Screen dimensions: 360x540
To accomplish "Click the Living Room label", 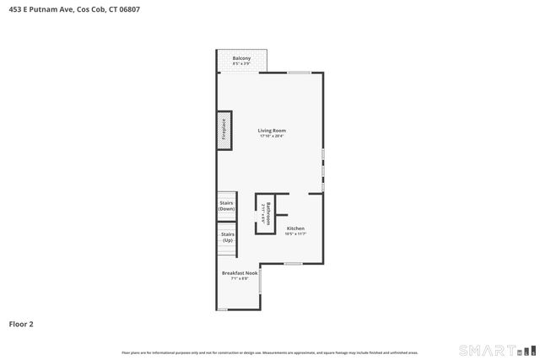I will tap(272, 131).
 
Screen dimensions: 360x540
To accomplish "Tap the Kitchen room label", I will tap(295, 228).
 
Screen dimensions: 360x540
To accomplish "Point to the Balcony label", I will tap(241, 58).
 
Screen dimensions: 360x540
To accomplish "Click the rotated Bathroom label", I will tap(268, 210).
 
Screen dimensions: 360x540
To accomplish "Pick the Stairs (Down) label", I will tap(226, 206).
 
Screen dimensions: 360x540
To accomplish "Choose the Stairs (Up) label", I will tap(227, 237).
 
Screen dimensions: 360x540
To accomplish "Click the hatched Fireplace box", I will tap(224, 131).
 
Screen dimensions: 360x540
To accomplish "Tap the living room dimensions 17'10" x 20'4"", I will tap(272, 137).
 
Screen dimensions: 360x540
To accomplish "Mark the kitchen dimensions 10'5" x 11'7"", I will tap(295, 234).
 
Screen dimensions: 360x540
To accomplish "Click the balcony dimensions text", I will tap(241, 64).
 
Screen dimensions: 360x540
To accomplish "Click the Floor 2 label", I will tap(21, 323).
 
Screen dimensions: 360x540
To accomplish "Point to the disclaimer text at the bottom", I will tap(270, 352).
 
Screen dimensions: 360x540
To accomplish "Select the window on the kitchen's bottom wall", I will tap(292, 264).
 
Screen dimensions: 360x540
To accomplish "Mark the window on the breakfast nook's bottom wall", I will tap(222, 309).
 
